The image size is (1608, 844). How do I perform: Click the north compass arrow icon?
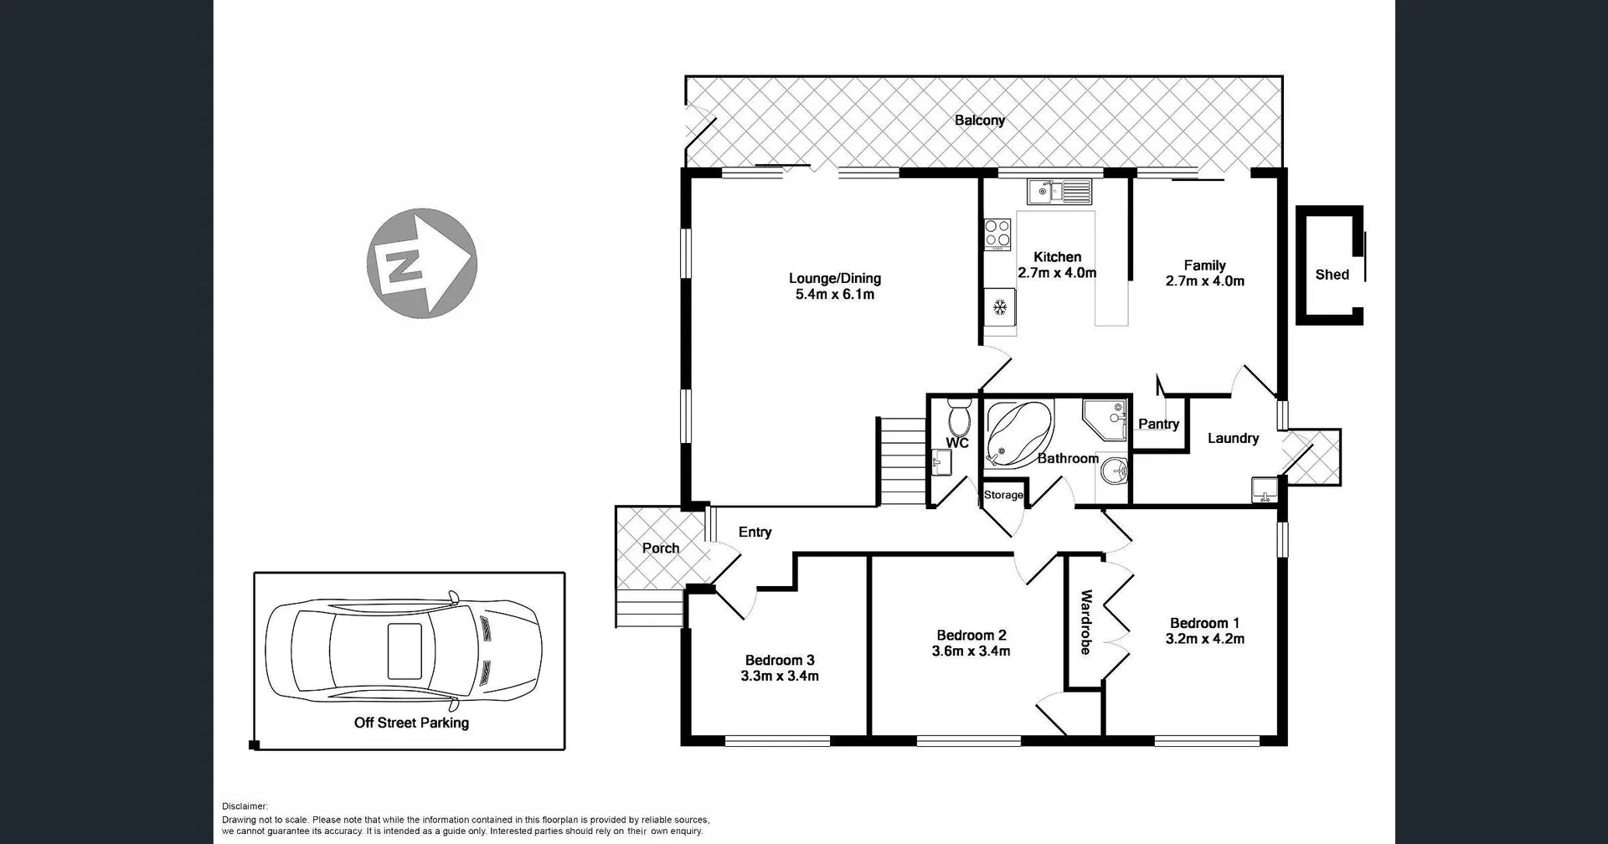click(421, 263)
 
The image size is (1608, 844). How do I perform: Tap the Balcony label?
click(979, 121)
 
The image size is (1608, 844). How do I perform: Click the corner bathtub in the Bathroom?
click(1017, 434)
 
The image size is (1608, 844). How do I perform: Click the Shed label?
click(1332, 275)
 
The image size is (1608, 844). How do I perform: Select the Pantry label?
click(1158, 425)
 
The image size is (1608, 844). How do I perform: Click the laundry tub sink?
click(1263, 489)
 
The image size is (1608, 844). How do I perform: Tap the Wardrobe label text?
click(1085, 622)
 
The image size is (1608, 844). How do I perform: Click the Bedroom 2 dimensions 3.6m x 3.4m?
click(971, 651)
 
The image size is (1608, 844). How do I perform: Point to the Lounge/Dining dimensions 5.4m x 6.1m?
click(835, 295)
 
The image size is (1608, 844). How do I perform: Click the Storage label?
click(1003, 495)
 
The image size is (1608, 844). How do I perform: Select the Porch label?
click(660, 548)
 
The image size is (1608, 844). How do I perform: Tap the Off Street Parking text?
click(411, 723)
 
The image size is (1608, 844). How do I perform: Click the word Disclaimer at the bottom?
click(245, 806)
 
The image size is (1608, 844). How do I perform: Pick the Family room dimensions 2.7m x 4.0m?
click(1204, 281)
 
